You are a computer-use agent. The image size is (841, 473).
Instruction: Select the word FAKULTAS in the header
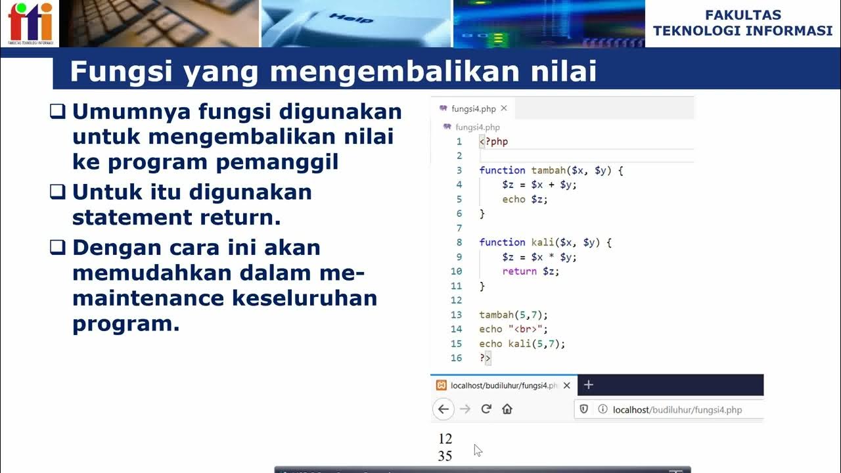pos(743,15)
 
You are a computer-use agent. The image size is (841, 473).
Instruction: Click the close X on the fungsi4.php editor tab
pos(504,108)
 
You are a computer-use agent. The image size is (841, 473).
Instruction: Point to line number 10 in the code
pos(456,271)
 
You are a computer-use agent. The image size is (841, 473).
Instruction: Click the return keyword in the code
pos(519,271)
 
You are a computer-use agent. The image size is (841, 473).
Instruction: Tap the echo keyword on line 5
pos(514,199)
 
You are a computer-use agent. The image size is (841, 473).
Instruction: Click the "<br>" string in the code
pos(527,329)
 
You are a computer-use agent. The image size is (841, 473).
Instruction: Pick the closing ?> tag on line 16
pos(485,358)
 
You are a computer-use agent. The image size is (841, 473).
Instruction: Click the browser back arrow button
pos(443,409)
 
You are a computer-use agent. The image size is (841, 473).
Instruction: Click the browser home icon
pos(507,409)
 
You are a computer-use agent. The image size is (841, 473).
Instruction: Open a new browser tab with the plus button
pos(589,385)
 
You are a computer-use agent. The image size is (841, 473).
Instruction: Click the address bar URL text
pos(677,410)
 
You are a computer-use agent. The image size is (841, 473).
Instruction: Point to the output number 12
pos(445,439)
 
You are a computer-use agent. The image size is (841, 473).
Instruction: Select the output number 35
pos(445,456)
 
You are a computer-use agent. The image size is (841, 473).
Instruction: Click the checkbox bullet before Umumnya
pos(58,112)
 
